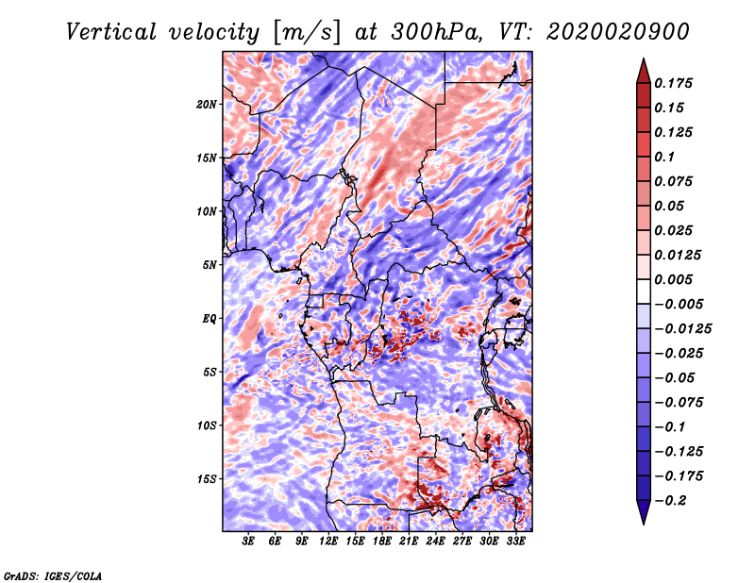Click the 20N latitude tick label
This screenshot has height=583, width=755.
pyautogui.click(x=207, y=104)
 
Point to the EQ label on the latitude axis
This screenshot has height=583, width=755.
pyautogui.click(x=210, y=318)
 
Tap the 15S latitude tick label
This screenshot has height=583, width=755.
pyautogui.click(x=207, y=478)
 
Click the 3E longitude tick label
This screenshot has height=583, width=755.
pyautogui.click(x=249, y=541)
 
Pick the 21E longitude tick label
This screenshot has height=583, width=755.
pyautogui.click(x=410, y=541)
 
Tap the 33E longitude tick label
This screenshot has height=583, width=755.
pyautogui.click(x=516, y=541)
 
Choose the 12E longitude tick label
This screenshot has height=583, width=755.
pyautogui.click(x=329, y=541)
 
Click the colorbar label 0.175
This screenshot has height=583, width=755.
pyautogui.click(x=675, y=84)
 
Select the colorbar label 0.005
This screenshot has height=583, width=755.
pyautogui.click(x=675, y=280)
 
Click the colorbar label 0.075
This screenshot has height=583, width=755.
pyautogui.click(x=675, y=181)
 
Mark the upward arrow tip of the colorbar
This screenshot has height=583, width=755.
pyautogui.click(x=642, y=61)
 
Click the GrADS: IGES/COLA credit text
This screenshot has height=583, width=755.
pyautogui.click(x=53, y=575)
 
